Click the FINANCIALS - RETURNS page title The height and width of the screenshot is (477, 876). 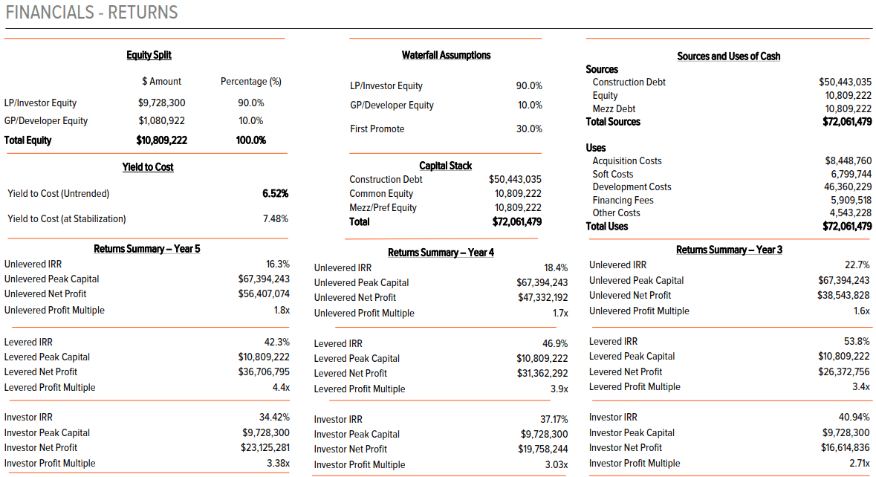[92, 13]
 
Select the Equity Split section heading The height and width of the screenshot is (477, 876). [149, 55]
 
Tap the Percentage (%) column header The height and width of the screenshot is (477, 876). [250, 82]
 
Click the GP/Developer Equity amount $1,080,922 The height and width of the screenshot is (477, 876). [161, 121]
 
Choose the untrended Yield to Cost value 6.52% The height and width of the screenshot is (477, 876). [275, 194]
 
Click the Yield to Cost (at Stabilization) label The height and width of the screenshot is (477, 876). [67, 219]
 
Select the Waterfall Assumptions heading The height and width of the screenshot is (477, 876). [446, 55]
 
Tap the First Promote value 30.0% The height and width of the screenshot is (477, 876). [529, 129]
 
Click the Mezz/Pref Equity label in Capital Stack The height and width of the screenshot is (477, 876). [383, 208]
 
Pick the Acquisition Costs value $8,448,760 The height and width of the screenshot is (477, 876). [848, 161]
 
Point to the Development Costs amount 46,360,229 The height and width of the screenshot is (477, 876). [848, 187]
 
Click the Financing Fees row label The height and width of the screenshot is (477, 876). [623, 201]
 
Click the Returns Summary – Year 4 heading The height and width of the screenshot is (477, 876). [441, 253]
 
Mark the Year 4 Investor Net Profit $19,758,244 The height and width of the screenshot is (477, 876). [542, 450]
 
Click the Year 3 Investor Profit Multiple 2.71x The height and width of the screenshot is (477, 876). [858, 464]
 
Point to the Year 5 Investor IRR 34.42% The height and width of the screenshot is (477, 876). [274, 418]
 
